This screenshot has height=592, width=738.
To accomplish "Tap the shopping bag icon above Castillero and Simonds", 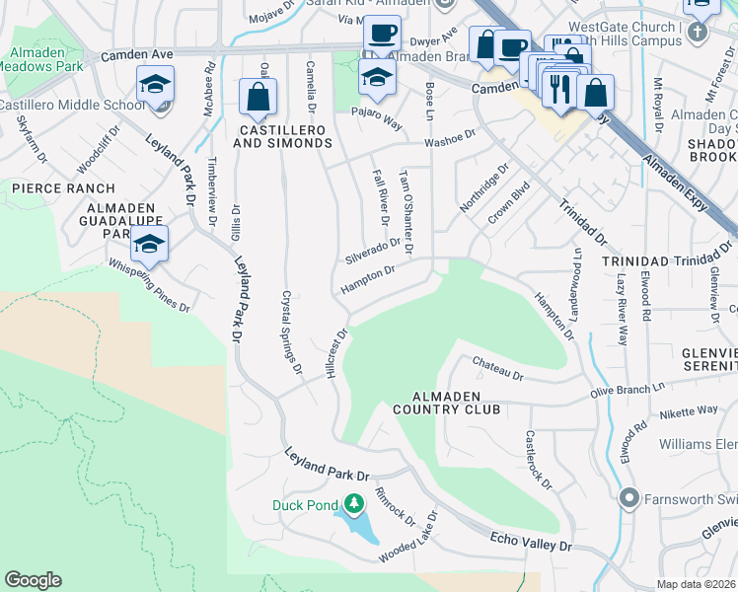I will [x=258, y=97].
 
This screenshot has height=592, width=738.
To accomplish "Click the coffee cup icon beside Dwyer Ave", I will [x=381, y=34].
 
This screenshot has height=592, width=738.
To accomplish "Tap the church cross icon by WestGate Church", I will [x=699, y=32].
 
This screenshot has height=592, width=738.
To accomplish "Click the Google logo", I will [x=33, y=580].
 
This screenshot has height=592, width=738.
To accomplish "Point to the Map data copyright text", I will [x=697, y=584].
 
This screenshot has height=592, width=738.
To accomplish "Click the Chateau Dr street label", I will [x=496, y=369].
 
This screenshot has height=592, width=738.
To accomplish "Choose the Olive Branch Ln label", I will [x=649, y=391].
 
